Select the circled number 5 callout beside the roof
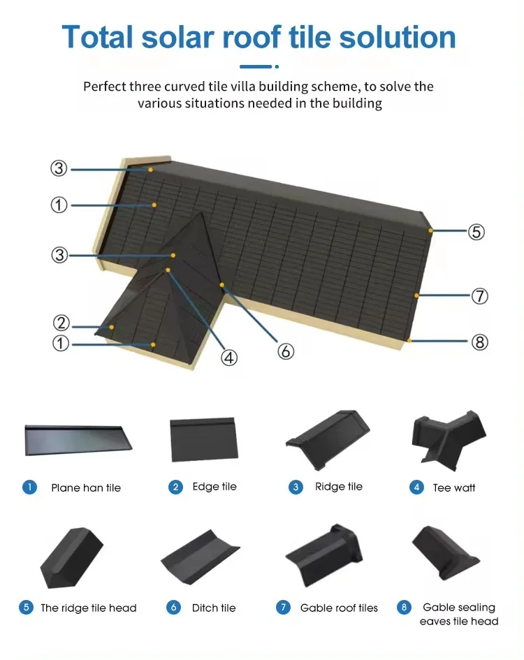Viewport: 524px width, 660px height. point(476,232)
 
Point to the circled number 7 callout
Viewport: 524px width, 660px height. point(479,296)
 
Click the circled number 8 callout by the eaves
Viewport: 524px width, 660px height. point(479,342)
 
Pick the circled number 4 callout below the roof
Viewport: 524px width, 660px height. point(229,358)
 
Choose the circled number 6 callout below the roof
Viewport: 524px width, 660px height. point(285,351)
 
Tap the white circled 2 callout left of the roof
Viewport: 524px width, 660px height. point(61,323)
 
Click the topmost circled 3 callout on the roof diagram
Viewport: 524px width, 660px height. point(59,168)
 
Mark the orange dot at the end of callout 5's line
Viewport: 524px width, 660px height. point(431,230)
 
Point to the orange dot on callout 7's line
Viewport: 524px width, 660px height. point(416,295)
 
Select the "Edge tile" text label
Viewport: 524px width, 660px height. point(214,487)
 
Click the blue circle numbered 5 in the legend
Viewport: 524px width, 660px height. point(27,607)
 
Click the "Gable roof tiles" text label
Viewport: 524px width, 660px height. point(339,608)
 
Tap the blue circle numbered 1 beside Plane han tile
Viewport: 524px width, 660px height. point(29,487)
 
